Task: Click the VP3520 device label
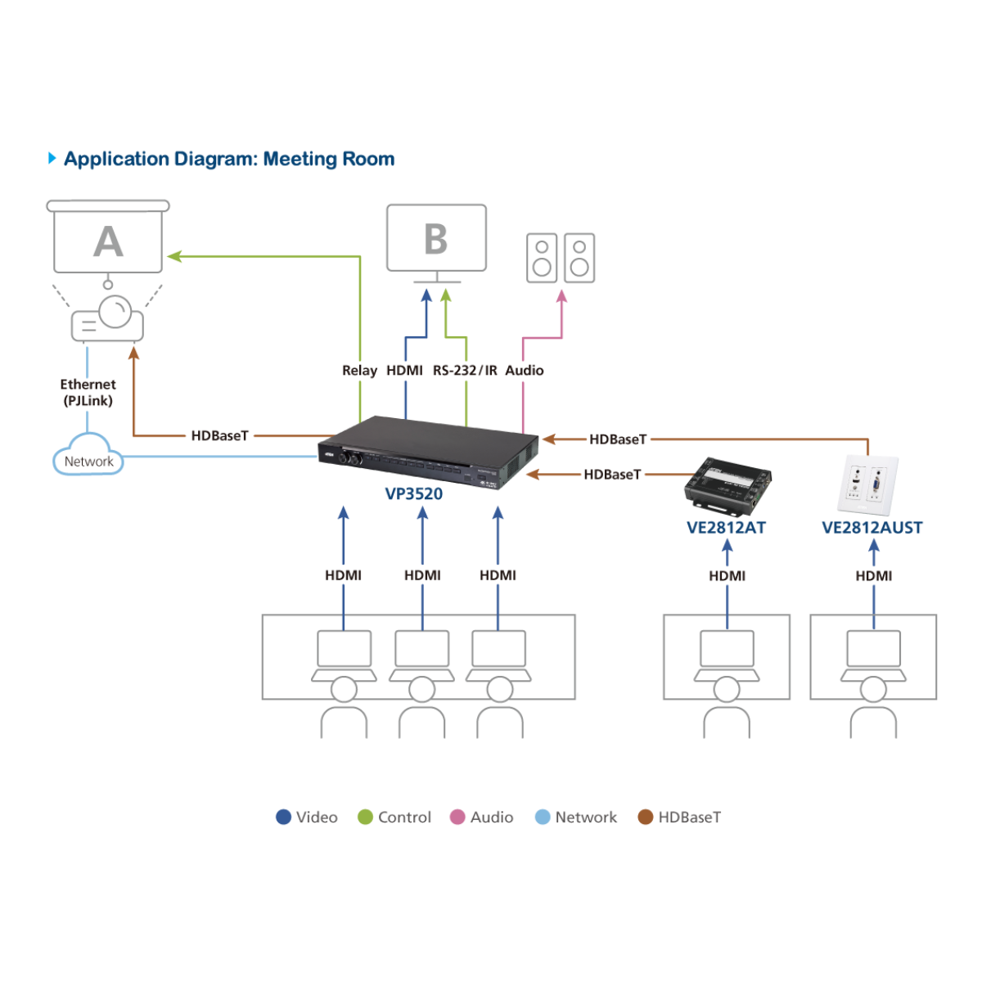coord(414,493)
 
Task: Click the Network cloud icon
coord(88,457)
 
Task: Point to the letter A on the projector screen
coord(108,241)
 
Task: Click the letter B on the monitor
coord(436,239)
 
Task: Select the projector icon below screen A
coord(108,320)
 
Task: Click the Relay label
coord(359,370)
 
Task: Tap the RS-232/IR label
coord(465,370)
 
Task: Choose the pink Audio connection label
coord(525,370)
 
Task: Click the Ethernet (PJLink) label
coord(88,392)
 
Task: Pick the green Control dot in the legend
coord(366,817)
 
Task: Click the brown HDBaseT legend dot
coord(646,817)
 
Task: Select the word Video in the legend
coord(317,817)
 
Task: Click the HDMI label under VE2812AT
coord(727,575)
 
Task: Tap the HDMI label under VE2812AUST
coord(873,575)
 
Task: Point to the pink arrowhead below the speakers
coord(561,296)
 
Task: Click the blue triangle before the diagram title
coord(52,158)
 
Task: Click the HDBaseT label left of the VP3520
coord(219,435)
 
